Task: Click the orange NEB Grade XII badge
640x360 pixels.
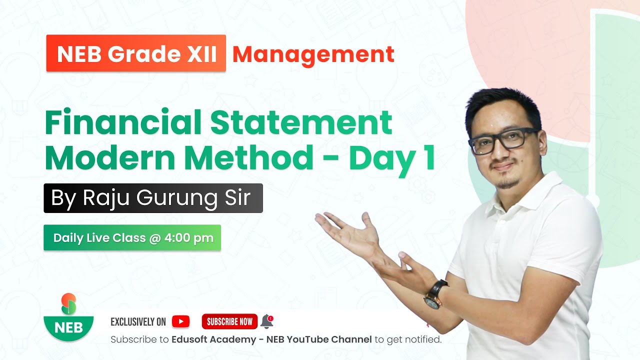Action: point(136,53)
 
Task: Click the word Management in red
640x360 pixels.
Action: point(313,54)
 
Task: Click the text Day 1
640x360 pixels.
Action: point(391,158)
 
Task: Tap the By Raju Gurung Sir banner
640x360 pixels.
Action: point(153,198)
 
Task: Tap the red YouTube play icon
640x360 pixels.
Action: point(180,321)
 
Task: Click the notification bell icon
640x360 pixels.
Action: point(267,321)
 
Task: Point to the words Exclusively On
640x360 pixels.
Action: point(138,322)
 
